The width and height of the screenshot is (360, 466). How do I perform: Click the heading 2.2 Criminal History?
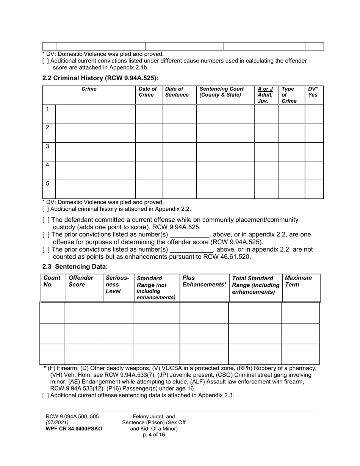[100, 78]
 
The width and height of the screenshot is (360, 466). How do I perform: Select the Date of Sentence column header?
[177, 92]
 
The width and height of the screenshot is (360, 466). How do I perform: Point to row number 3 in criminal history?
[47, 146]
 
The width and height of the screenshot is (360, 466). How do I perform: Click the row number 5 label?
[47, 184]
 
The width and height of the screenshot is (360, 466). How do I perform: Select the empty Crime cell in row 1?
[95, 114]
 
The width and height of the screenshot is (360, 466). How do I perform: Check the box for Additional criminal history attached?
[45, 209]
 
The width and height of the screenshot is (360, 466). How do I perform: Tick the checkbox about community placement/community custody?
[45, 220]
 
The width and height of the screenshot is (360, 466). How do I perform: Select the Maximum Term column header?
[298, 281]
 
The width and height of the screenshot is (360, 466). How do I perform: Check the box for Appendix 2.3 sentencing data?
[45, 396]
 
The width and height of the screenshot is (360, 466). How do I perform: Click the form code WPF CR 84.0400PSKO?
[74, 429]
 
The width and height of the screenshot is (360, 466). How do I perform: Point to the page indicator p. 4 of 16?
[154, 435]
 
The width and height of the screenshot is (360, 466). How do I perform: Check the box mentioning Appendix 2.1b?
[45, 61]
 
